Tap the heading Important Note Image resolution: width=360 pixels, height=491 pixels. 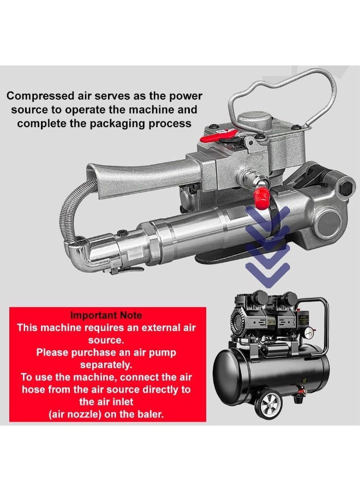(x=106, y=315)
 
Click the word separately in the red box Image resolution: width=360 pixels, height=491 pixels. (x=106, y=364)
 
